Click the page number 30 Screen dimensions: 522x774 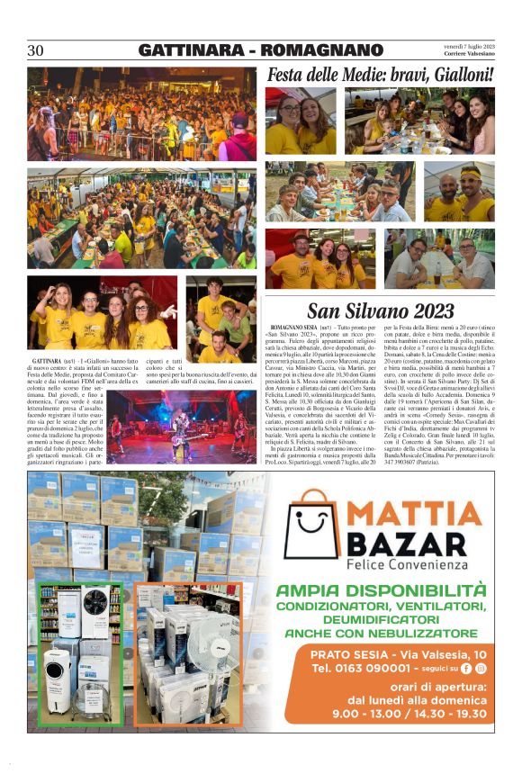36,50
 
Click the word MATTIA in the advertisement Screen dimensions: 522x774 415,515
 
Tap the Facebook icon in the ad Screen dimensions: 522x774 466,669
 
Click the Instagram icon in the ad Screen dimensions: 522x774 481,669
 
